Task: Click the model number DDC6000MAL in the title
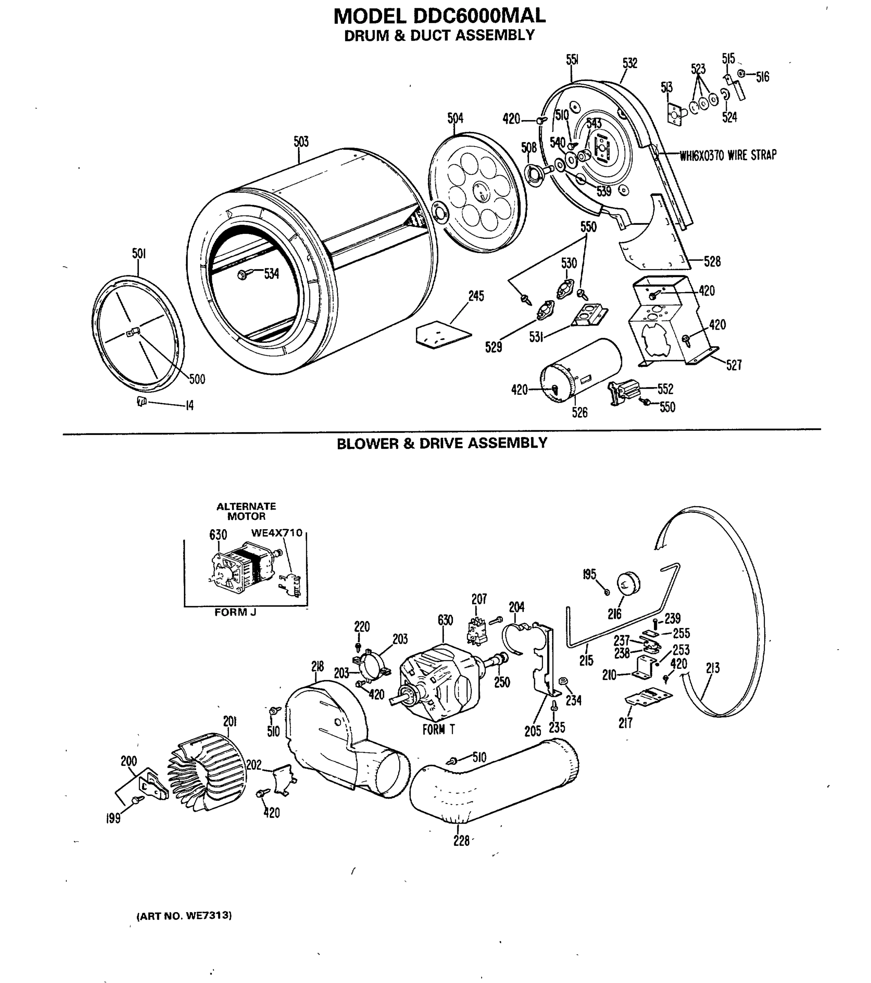pyautogui.click(x=479, y=16)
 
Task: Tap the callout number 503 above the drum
pyautogui.click(x=301, y=141)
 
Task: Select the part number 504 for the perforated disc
pyautogui.click(x=455, y=118)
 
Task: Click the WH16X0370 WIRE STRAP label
pyautogui.click(x=728, y=155)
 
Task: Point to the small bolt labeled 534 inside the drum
pyautogui.click(x=243, y=274)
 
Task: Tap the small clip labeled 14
pyautogui.click(x=141, y=401)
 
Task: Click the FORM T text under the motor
pyautogui.click(x=438, y=729)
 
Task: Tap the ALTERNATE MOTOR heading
pyautogui.click(x=246, y=511)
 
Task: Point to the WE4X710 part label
pyautogui.click(x=276, y=533)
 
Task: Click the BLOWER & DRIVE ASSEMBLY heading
pyautogui.click(x=441, y=443)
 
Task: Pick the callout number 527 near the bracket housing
pyautogui.click(x=733, y=365)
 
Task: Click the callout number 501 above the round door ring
pyautogui.click(x=139, y=254)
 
